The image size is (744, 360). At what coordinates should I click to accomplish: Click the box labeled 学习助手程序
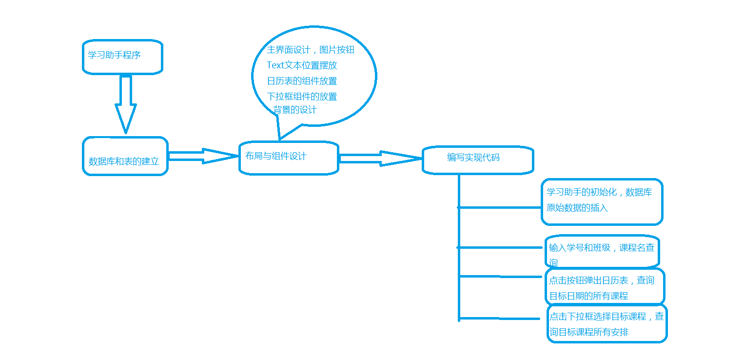tap(122, 57)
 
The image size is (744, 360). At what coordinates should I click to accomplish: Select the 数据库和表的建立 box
tap(125, 156)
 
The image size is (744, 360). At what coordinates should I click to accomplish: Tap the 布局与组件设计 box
tap(288, 158)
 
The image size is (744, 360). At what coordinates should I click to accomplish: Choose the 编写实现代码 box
tap(477, 160)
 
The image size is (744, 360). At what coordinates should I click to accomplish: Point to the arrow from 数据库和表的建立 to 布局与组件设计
tap(203, 156)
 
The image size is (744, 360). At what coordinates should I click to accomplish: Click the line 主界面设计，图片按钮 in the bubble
tap(310, 50)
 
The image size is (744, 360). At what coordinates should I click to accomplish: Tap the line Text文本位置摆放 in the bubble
tap(302, 65)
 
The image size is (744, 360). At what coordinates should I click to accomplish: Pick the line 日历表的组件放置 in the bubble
tap(302, 81)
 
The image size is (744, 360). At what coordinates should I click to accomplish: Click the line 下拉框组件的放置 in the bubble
tap(302, 97)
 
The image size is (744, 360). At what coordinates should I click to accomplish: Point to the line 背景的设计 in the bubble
tap(295, 110)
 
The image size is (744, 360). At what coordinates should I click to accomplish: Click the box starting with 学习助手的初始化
tap(602, 201)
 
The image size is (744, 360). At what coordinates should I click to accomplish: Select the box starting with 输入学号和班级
tap(602, 252)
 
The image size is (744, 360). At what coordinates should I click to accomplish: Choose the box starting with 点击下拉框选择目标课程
tap(607, 323)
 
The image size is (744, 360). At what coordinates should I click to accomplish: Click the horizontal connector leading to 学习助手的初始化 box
tap(500, 207)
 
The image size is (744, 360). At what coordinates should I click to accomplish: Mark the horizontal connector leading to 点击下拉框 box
tap(500, 319)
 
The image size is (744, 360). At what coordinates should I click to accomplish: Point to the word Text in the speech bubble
tap(275, 65)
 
